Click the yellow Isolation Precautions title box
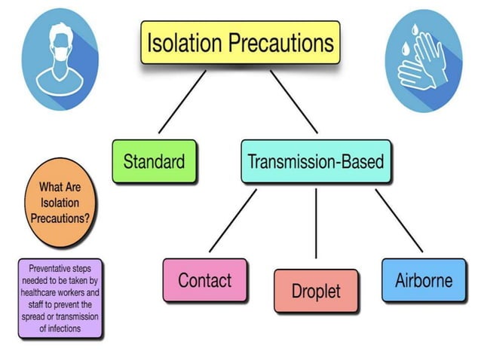point(240,41)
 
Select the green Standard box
point(154,161)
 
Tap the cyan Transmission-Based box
point(316,161)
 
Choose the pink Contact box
point(204,280)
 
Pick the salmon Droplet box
point(316,291)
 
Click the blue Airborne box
point(423,280)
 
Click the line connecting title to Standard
point(182,101)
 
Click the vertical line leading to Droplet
point(316,226)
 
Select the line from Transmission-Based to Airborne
point(399,220)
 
